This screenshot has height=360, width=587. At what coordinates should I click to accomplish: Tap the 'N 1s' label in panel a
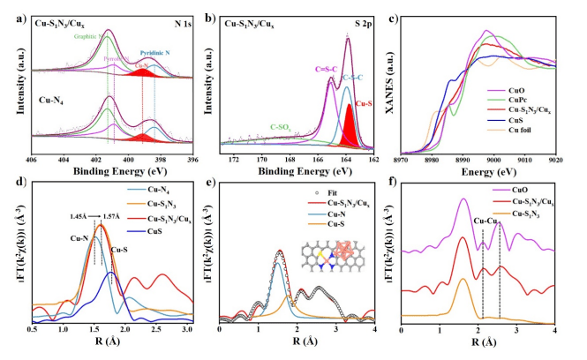(x=170, y=17)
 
